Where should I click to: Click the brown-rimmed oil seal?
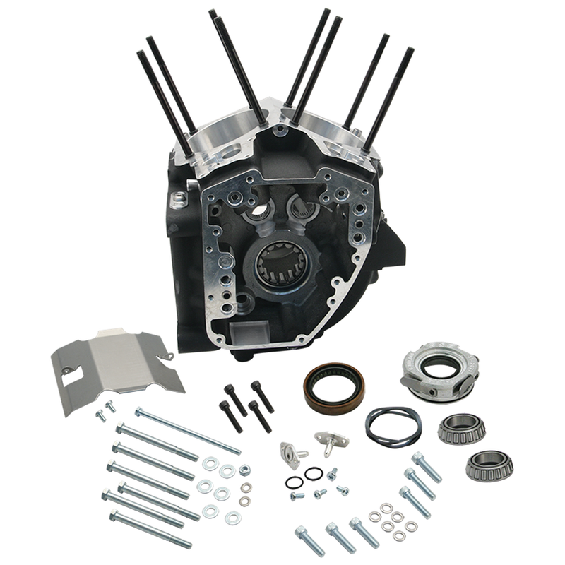pyautogui.click(x=334, y=389)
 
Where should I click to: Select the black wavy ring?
pyautogui.click(x=393, y=426)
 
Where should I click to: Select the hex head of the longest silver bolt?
pyautogui.click(x=139, y=411)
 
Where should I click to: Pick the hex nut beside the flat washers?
pyautogui.click(x=244, y=470)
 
